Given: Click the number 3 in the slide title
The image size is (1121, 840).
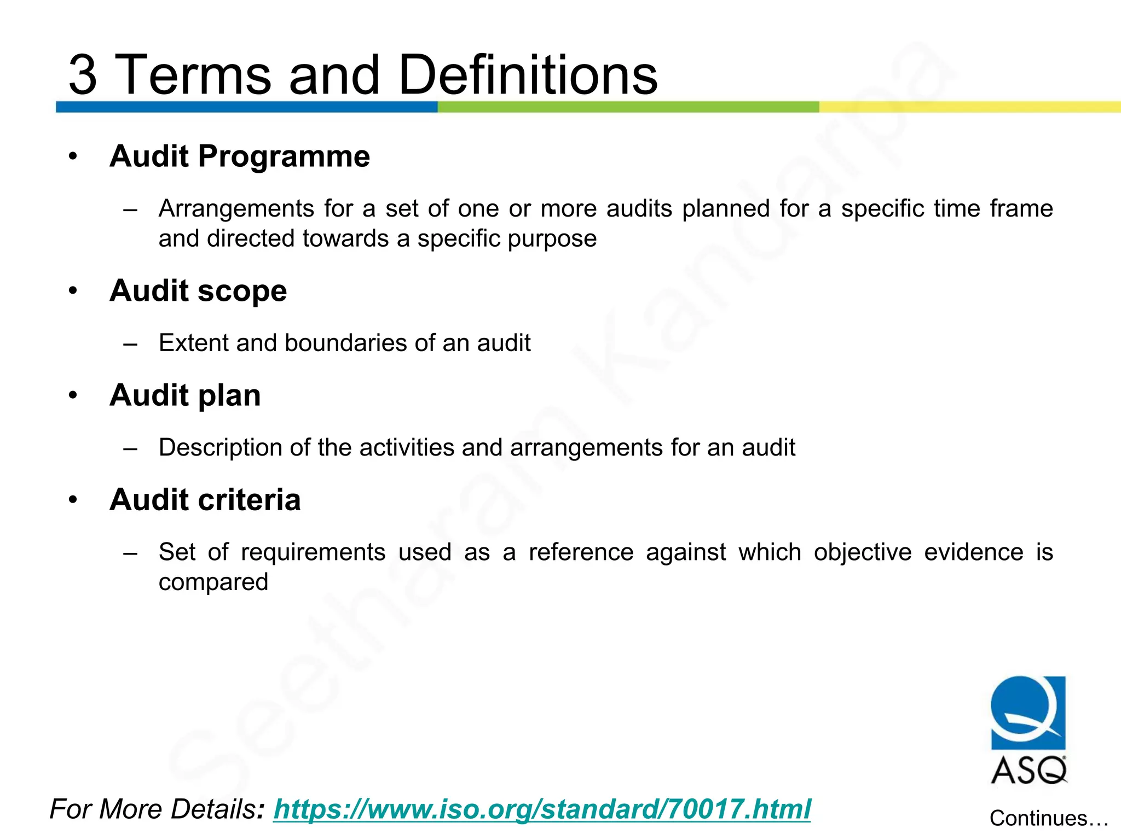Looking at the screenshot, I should (x=83, y=75).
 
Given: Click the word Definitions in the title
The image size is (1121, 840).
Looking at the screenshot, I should (x=528, y=75).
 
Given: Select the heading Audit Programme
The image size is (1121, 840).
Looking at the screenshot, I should (x=240, y=156).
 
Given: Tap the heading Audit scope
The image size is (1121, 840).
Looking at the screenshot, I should (x=198, y=290).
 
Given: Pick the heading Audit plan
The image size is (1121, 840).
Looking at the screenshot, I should (x=185, y=395).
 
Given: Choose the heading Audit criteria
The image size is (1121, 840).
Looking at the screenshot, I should (x=205, y=500).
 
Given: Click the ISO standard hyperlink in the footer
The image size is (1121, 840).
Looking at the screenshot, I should (x=542, y=809).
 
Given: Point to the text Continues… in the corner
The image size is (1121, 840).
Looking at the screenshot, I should (x=1048, y=818).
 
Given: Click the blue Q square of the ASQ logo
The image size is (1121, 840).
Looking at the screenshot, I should (x=1028, y=712).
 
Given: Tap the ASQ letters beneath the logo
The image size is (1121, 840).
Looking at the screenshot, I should (x=1028, y=771).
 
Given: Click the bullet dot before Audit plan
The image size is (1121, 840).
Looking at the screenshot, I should (x=73, y=395).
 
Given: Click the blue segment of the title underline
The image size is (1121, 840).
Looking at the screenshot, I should (x=246, y=107).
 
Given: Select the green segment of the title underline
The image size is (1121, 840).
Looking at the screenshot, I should (x=628, y=107).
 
